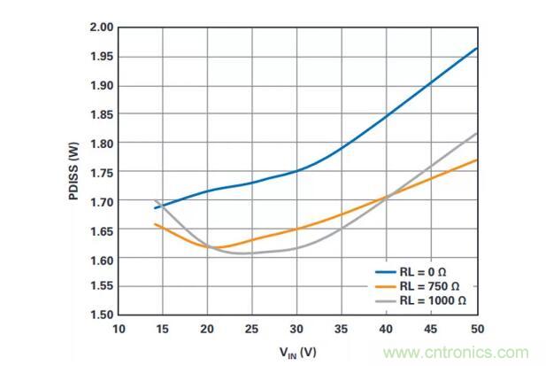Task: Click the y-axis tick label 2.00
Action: tap(101, 27)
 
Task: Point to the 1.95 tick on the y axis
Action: tap(101, 57)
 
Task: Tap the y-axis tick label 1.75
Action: tap(101, 172)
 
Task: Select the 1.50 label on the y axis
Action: tap(101, 315)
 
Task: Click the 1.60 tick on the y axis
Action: tap(101, 258)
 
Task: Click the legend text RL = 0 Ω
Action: tap(421, 273)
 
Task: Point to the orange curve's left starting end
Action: tap(155, 224)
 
